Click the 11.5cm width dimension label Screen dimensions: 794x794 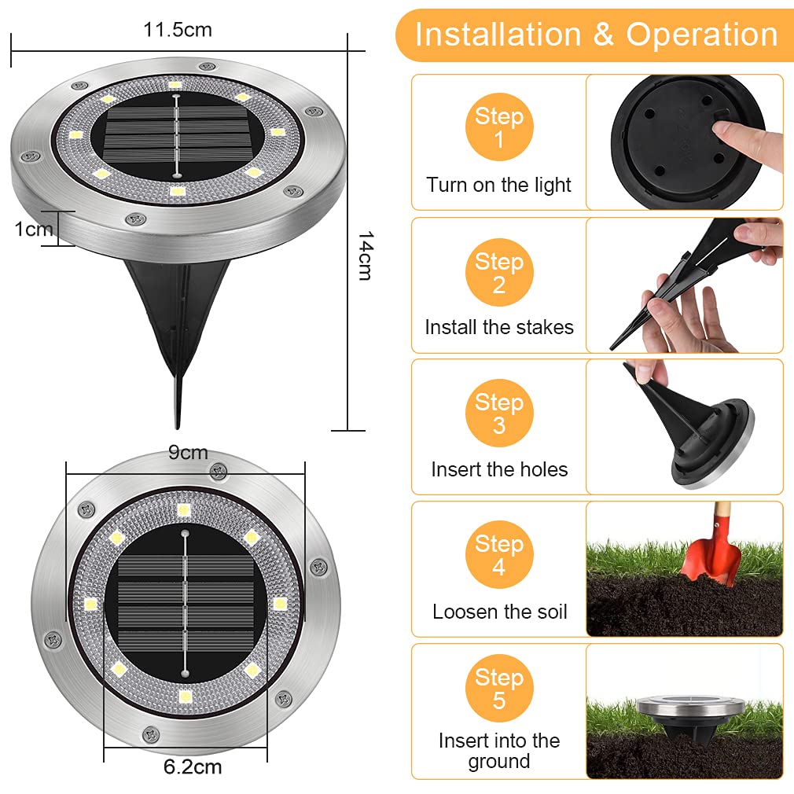click(x=177, y=30)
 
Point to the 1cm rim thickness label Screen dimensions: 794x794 click(x=34, y=229)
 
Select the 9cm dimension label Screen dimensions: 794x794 click(x=188, y=453)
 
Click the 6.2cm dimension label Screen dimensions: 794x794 click(x=193, y=766)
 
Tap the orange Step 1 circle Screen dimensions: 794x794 click(x=499, y=128)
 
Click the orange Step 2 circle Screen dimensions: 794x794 click(x=499, y=272)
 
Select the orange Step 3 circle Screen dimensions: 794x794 click(x=499, y=414)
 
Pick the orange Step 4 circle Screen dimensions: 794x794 click(x=499, y=555)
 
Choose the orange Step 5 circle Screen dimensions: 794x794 click(x=499, y=689)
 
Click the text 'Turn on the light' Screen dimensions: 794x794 click(x=499, y=186)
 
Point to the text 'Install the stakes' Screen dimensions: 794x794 click(x=499, y=327)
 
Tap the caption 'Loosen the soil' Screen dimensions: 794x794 click(x=499, y=612)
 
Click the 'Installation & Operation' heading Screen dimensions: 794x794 click(x=596, y=35)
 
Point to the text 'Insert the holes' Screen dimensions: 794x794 click(x=499, y=469)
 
